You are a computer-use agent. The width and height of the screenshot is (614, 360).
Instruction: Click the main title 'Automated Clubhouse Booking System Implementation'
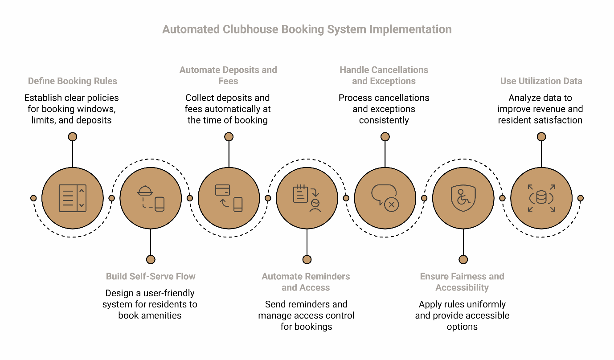click(x=307, y=29)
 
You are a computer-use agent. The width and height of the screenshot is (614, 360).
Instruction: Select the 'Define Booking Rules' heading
click(x=72, y=81)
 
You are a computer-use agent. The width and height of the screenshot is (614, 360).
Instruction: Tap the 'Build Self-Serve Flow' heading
click(x=151, y=276)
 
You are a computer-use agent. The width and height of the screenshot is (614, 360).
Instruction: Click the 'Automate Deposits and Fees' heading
click(x=228, y=75)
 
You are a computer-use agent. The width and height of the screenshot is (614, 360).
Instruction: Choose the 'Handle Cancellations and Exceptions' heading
click(x=384, y=75)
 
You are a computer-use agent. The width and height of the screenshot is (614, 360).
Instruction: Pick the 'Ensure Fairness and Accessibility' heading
click(x=462, y=282)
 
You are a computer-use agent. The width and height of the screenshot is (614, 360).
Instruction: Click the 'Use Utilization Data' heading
click(x=541, y=81)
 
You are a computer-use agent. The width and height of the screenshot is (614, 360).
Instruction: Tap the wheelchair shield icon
click(x=463, y=198)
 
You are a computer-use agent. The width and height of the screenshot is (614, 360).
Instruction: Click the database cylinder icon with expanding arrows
click(x=541, y=198)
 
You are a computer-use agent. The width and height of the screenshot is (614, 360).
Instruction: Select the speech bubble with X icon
click(x=385, y=198)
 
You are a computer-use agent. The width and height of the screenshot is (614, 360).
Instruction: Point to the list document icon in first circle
click(x=72, y=198)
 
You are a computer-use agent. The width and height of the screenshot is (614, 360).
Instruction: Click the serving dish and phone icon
click(x=151, y=198)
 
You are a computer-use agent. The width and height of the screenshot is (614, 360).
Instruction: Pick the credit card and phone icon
click(x=229, y=198)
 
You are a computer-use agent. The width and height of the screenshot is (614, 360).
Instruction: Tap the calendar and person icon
click(x=307, y=198)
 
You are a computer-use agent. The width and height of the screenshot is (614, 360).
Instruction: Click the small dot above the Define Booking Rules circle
click(x=72, y=137)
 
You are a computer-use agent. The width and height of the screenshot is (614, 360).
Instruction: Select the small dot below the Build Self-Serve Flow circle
click(x=151, y=259)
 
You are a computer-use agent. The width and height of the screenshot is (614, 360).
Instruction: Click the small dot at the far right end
click(x=580, y=198)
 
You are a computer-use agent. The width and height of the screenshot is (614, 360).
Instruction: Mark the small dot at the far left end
click(x=33, y=198)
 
